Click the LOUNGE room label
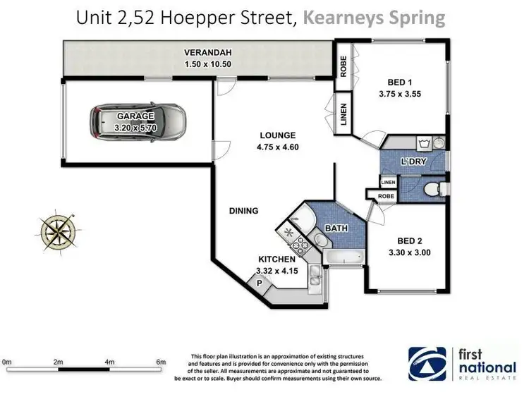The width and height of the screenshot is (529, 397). click(276, 135)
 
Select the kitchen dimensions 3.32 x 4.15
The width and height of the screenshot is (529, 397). click(276, 270)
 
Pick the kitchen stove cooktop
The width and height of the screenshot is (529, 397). click(301, 245)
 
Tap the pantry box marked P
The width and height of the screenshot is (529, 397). click(259, 283)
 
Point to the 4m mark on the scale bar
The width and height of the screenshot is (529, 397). click(109, 362)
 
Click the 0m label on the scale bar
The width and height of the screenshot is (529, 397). click(8, 362)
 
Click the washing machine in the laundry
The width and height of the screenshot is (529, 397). click(425, 144)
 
